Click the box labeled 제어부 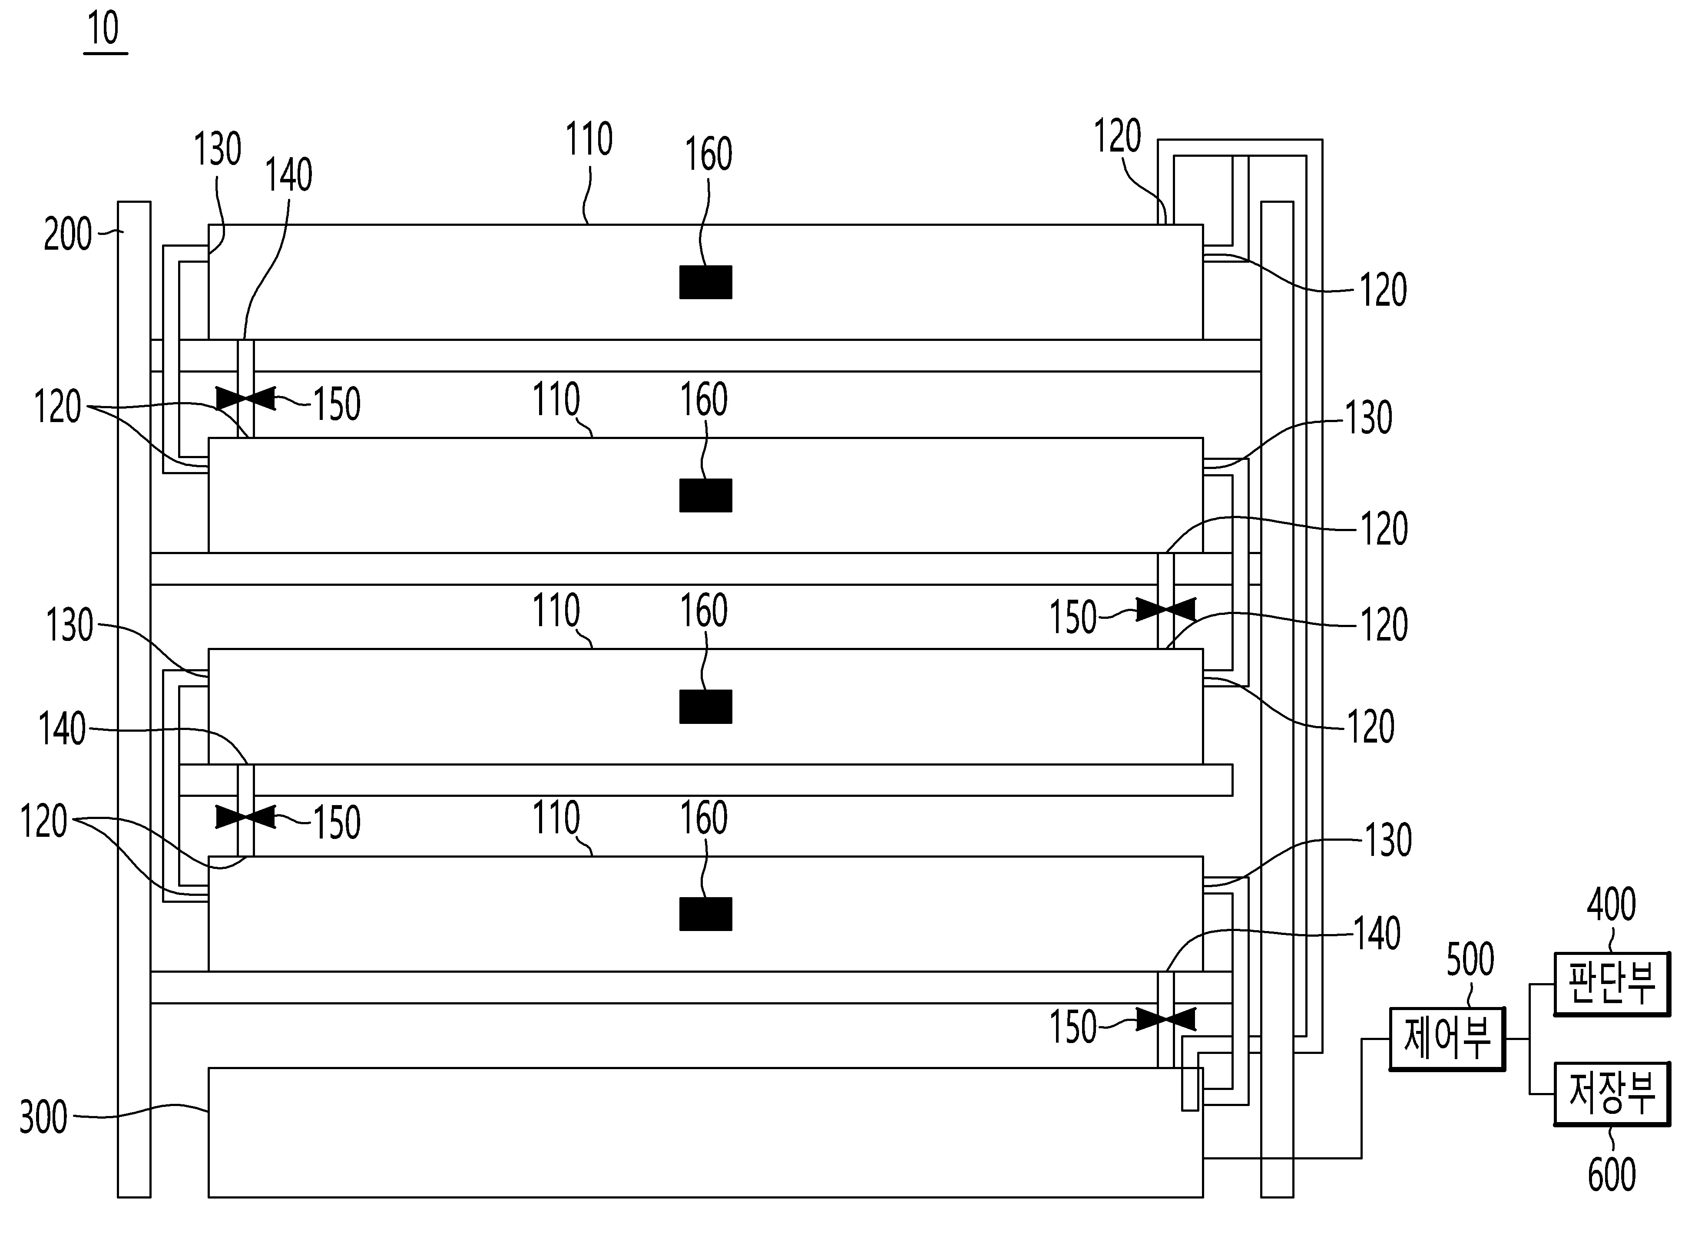click(x=1447, y=1039)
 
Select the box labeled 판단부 click(x=1612, y=984)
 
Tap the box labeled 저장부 click(x=1612, y=1094)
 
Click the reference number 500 click(x=1470, y=960)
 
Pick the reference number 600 click(x=1612, y=1175)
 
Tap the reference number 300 click(x=43, y=1118)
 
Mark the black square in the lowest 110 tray click(x=705, y=914)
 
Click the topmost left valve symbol click(x=245, y=399)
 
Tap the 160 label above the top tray click(x=708, y=155)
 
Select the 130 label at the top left click(x=218, y=149)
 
